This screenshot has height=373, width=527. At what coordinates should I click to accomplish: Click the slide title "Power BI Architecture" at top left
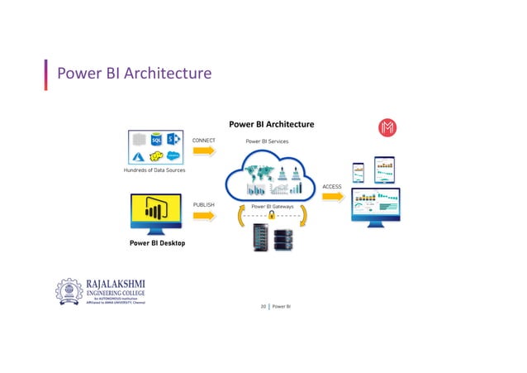tap(134, 75)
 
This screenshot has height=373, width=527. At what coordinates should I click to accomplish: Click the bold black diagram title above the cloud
tap(271, 125)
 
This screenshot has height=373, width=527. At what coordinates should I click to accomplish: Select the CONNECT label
tap(204, 141)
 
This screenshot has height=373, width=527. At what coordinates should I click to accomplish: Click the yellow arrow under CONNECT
tap(203, 155)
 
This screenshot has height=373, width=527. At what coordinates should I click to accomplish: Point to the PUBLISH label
tap(203, 202)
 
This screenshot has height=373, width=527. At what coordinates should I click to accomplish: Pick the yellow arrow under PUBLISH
tap(203, 215)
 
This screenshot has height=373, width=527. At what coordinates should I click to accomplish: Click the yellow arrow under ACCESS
tap(331, 198)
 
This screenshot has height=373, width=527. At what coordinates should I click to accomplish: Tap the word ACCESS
tap(331, 187)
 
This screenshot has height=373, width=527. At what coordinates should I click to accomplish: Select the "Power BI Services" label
tap(267, 141)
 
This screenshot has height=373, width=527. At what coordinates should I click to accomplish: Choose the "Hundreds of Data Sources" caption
tap(154, 170)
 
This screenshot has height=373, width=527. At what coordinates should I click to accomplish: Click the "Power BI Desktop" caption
tap(156, 243)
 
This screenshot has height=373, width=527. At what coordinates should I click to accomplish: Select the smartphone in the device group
tap(358, 173)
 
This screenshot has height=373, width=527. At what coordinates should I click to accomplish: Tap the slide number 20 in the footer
tap(263, 307)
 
